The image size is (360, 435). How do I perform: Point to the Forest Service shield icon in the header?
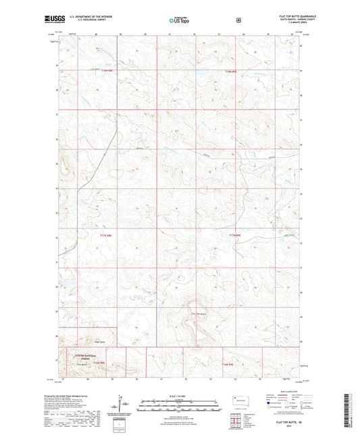pyautogui.click(x=238, y=20)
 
